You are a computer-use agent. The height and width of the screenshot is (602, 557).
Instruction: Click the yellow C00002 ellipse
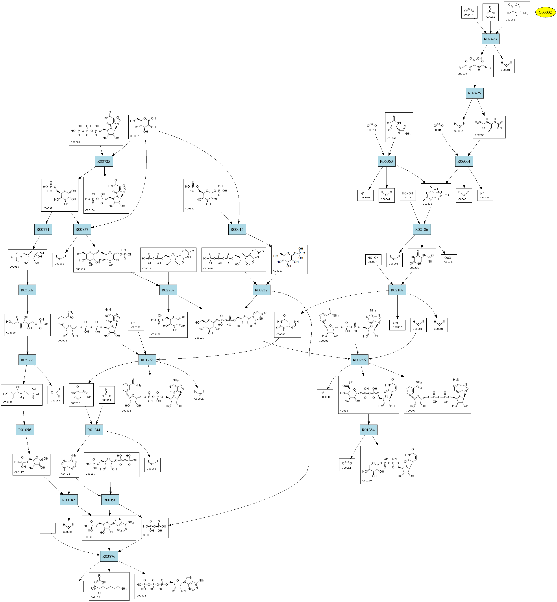click(x=545, y=12)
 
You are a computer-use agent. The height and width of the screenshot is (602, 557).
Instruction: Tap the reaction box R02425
click(x=474, y=93)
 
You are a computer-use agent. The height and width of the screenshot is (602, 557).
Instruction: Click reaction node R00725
click(x=104, y=161)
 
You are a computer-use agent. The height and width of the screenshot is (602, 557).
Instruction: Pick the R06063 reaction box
click(x=386, y=161)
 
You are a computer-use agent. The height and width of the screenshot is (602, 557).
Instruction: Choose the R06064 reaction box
click(x=464, y=161)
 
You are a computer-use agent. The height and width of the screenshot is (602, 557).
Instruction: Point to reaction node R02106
click(x=421, y=229)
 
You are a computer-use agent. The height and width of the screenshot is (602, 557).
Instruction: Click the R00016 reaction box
click(x=237, y=229)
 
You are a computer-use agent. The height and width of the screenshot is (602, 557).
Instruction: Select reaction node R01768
click(x=147, y=360)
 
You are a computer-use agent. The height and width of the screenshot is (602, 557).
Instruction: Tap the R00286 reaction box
click(x=359, y=360)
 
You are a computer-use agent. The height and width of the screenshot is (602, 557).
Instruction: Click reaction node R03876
click(x=109, y=556)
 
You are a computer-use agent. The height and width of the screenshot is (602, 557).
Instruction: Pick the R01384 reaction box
click(x=368, y=430)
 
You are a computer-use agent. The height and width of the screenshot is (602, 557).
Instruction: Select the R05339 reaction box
click(x=27, y=290)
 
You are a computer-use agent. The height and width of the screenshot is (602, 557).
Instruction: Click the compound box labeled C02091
click(x=517, y=12)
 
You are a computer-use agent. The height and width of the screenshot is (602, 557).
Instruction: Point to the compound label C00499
click(x=462, y=74)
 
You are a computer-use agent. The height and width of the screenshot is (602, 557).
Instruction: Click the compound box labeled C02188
click(x=109, y=586)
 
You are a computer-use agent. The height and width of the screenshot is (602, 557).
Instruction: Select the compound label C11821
click(x=427, y=204)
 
